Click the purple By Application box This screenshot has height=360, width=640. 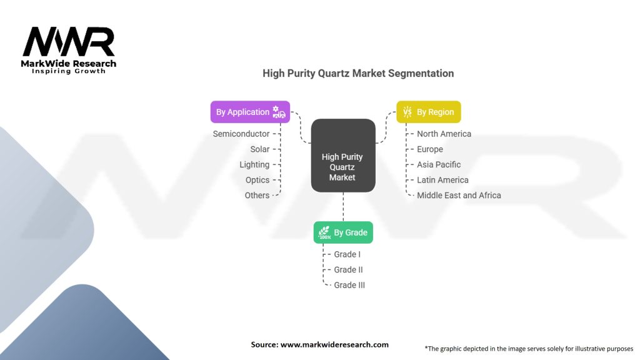250,112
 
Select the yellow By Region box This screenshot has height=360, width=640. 429,112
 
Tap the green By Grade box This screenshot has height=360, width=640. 343,232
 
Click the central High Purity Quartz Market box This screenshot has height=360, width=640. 343,156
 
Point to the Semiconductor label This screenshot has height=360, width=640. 241,134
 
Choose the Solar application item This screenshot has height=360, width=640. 260,149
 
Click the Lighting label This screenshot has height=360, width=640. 254,165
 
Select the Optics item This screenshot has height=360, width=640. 257,180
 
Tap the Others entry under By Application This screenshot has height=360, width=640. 257,196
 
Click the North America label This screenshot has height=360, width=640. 444,134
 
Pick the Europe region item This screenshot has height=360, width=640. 430,149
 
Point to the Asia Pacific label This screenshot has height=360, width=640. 439,164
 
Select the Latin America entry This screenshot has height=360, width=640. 443,180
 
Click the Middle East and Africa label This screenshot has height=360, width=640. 459,196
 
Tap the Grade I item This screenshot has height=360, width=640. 347,254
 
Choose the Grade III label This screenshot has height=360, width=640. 349,285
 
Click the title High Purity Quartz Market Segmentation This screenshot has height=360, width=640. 358,74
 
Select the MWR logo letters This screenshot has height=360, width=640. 69,42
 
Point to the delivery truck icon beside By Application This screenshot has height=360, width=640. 279,112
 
